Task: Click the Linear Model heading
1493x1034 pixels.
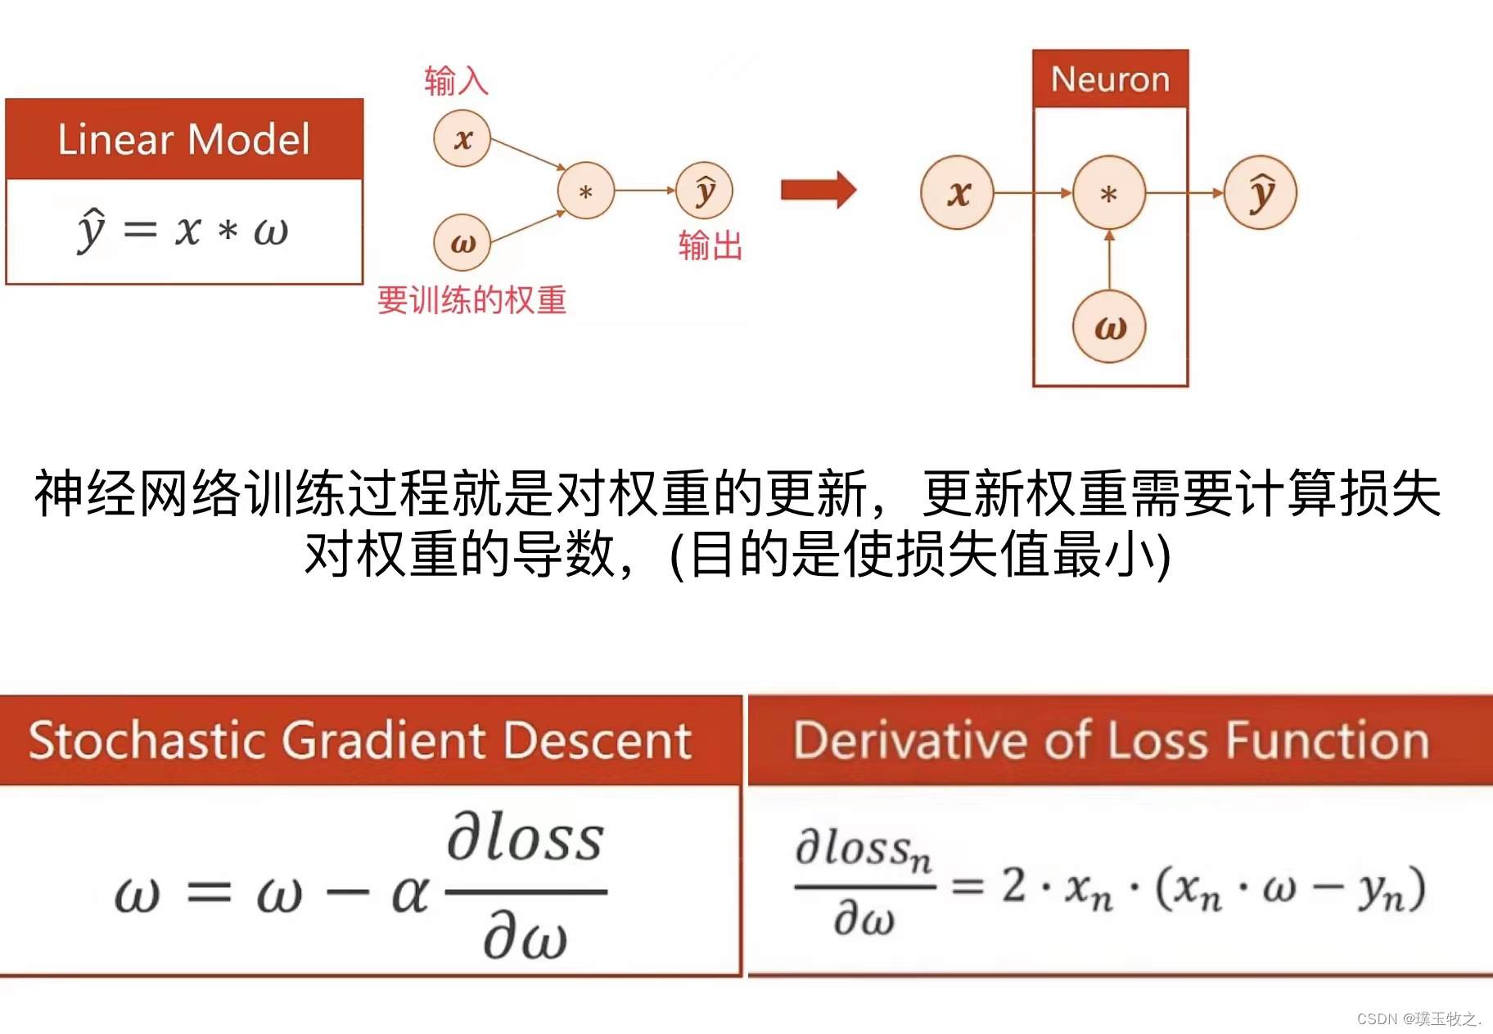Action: [183, 139]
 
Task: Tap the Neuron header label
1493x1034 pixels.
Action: [1110, 79]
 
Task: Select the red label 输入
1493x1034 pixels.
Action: [456, 81]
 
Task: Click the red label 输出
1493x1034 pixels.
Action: [710, 245]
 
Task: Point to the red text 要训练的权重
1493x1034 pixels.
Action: [471, 300]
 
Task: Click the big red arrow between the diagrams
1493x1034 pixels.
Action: [818, 191]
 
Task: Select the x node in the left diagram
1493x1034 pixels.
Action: [462, 139]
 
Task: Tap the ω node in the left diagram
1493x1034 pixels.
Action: [462, 243]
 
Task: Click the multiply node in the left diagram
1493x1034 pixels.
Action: [585, 191]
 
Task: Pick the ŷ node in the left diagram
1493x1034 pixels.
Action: [705, 191]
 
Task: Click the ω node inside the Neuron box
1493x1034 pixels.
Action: [1109, 327]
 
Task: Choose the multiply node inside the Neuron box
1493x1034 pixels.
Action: [1109, 193]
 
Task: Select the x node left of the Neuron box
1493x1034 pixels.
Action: [957, 193]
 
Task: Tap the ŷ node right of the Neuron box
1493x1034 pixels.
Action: [1261, 193]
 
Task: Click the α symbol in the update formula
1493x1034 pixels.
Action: [410, 893]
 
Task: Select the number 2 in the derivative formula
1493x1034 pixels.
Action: [1014, 885]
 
